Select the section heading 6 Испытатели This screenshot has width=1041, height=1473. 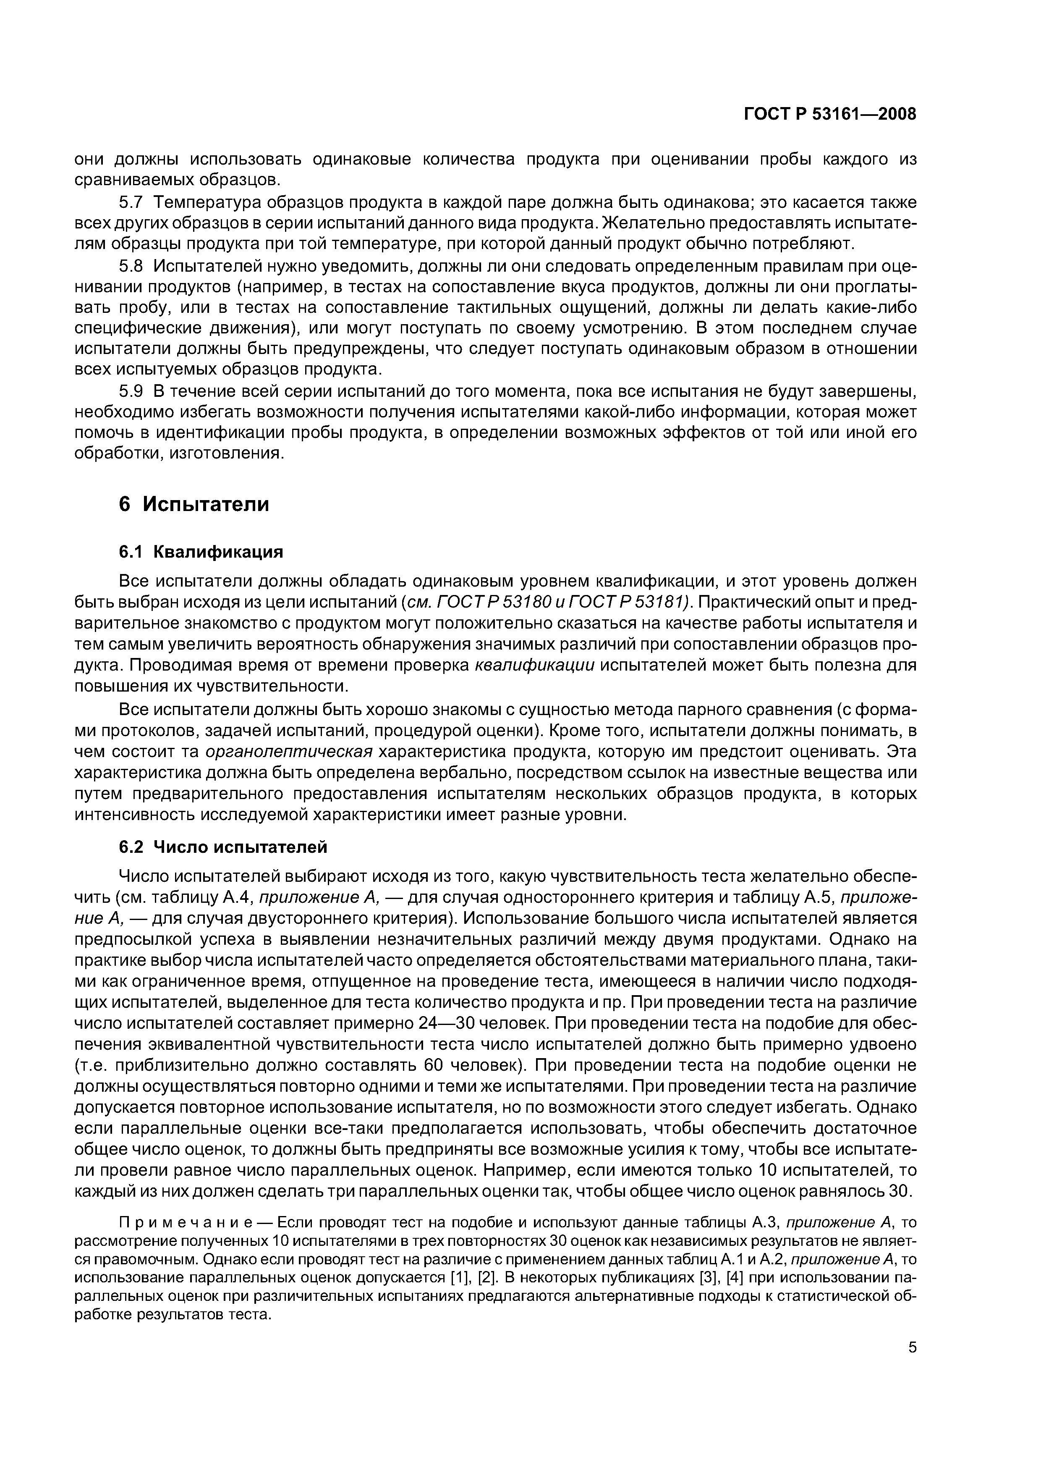tap(194, 504)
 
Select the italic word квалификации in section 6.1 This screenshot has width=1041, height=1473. tap(534, 665)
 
